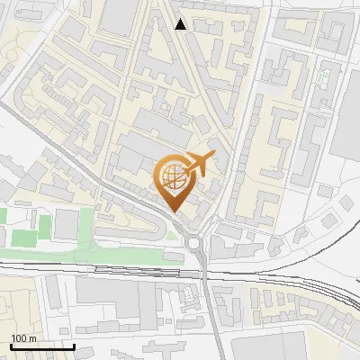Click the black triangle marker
(181, 24)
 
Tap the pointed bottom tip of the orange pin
(175, 211)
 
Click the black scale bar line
(41, 346)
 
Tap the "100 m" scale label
(23, 338)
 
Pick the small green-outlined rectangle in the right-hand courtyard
(321, 77)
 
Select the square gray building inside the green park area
(66, 225)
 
